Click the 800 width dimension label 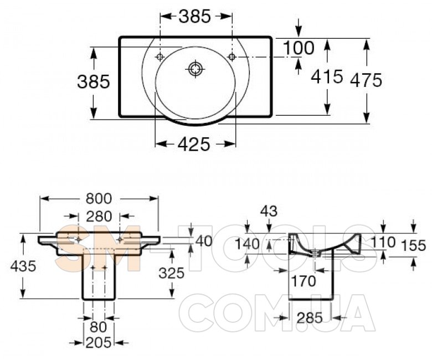click(x=99, y=199)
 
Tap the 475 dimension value click(x=366, y=80)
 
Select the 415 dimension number click(x=327, y=76)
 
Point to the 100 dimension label click(x=299, y=48)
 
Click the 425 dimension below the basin click(x=194, y=144)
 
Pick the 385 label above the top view click(x=195, y=16)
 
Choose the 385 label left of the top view click(x=94, y=82)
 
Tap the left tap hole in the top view click(x=160, y=57)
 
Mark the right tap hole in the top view click(x=232, y=57)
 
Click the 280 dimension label click(x=99, y=217)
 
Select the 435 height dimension click(x=23, y=266)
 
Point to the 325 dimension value click(x=171, y=273)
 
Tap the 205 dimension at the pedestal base click(x=99, y=343)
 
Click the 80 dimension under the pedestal click(x=99, y=327)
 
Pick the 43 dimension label click(x=269, y=211)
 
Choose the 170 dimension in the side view click(x=304, y=281)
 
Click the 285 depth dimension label click(x=310, y=318)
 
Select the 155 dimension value click(x=414, y=245)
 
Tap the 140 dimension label click(x=247, y=244)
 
